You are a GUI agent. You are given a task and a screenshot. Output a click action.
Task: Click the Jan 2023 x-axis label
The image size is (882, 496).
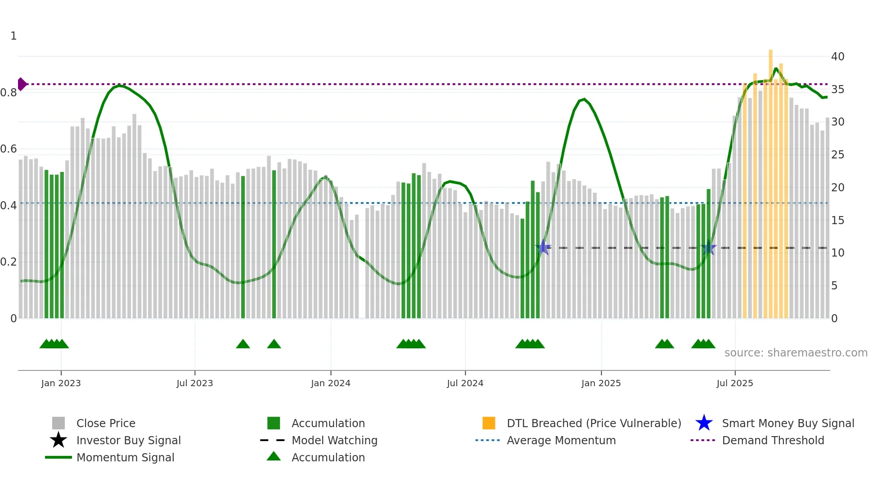click(x=61, y=383)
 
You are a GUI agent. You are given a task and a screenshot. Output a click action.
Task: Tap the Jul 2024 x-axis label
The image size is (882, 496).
click(x=465, y=383)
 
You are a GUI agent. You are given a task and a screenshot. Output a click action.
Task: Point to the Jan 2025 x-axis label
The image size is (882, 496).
click(x=601, y=383)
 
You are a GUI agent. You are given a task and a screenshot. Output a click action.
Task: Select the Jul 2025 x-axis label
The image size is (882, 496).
click(x=734, y=383)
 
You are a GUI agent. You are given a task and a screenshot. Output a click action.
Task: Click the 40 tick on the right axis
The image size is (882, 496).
click(x=837, y=57)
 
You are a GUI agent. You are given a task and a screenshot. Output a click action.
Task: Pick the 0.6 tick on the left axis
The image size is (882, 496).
click(x=9, y=149)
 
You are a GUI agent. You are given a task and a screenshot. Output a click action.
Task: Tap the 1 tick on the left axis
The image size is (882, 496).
click(x=13, y=36)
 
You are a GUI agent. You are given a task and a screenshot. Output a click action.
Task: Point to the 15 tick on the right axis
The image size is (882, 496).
click(x=837, y=221)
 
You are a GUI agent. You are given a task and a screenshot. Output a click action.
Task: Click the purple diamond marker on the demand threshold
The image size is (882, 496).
click(x=22, y=84)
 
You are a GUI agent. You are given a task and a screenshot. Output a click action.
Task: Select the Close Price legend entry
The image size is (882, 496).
click(x=106, y=424)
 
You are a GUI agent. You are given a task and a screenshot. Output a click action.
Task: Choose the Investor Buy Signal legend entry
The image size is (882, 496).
click(x=128, y=441)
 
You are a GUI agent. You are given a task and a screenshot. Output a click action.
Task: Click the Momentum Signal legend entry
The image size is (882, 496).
click(x=125, y=458)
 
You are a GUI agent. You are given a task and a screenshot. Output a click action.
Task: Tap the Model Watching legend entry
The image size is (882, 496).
click(x=334, y=441)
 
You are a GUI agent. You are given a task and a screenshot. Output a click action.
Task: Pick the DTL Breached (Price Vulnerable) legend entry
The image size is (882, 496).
click(x=594, y=424)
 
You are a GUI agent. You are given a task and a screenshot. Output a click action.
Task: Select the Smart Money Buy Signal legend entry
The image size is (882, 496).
click(x=787, y=424)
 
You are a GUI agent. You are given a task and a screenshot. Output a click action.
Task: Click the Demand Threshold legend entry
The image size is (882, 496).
click(x=773, y=441)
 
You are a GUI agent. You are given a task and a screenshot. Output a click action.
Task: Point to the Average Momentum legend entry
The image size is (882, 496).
click(x=561, y=441)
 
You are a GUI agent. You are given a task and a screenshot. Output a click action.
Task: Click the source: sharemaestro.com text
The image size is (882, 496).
click(x=796, y=353)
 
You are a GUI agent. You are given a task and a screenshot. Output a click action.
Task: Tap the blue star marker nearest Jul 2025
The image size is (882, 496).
click(x=708, y=248)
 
